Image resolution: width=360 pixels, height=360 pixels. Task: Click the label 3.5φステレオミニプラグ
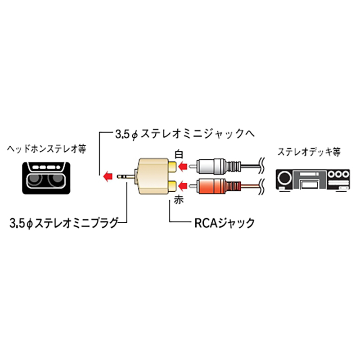pyautogui.click(x=63, y=222)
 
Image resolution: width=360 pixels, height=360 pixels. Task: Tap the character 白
pyautogui.click(x=179, y=154)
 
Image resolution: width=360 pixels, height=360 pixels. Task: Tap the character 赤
pyautogui.click(x=179, y=201)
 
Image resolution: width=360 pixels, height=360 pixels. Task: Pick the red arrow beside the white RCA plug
pyautogui.click(x=183, y=167)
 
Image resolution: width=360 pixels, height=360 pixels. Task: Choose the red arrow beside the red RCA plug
pyautogui.click(x=183, y=185)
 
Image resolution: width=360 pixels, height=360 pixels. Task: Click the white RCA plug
pyautogui.click(x=216, y=167)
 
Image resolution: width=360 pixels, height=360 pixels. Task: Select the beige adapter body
pyautogui.click(x=151, y=176)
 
